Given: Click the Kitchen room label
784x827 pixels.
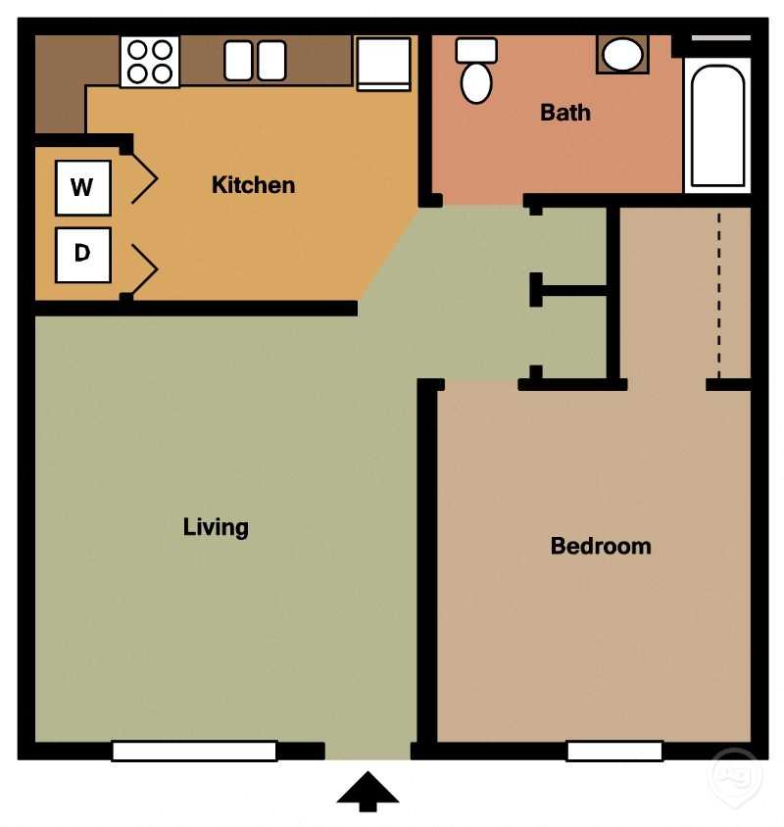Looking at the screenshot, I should click(x=253, y=184).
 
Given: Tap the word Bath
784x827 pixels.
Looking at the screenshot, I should click(x=565, y=113).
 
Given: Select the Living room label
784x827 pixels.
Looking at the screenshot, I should click(x=216, y=527).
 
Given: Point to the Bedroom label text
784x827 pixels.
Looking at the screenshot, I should click(x=600, y=546).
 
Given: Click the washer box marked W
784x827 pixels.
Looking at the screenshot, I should click(x=82, y=187).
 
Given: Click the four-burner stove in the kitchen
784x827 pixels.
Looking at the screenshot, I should click(x=150, y=61).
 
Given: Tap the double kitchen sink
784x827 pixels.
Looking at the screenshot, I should click(x=255, y=61).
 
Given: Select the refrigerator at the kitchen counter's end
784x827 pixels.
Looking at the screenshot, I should click(x=383, y=63).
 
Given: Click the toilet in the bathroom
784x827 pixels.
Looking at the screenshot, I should click(x=477, y=73).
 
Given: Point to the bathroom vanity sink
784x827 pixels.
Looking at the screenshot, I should click(x=621, y=55).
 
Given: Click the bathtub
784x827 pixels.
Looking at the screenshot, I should click(x=717, y=124).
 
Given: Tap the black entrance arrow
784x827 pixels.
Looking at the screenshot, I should click(x=367, y=791).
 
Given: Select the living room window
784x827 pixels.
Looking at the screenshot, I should click(x=194, y=752).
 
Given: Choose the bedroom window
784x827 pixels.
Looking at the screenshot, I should click(x=614, y=752).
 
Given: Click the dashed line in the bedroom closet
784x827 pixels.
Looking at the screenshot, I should click(x=718, y=294).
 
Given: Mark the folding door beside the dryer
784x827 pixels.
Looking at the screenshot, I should click(x=144, y=267).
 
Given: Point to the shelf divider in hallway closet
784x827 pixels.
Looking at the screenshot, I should click(x=572, y=291).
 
